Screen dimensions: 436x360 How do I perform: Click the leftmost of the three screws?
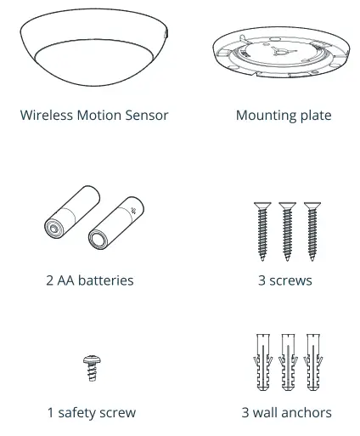(x=262, y=233)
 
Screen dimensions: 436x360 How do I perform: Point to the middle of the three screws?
(x=286, y=233)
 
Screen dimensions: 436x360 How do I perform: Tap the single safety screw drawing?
(x=91, y=367)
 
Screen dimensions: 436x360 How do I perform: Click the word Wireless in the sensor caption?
(x=48, y=115)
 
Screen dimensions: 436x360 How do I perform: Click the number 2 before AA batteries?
(x=50, y=280)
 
